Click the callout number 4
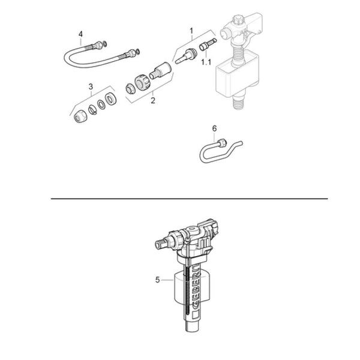click(80, 34)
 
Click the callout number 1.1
click(206, 62)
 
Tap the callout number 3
click(91, 86)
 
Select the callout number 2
click(153, 100)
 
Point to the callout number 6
click(214, 128)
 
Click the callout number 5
click(157, 280)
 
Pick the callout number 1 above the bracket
click(191, 31)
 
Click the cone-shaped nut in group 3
click(80, 116)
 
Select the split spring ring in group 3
click(92, 109)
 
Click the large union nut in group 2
click(142, 82)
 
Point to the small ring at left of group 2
click(130, 89)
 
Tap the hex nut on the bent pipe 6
click(223, 143)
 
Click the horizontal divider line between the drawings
click(190, 199)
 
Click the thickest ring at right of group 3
click(110, 99)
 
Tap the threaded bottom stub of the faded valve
click(239, 101)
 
